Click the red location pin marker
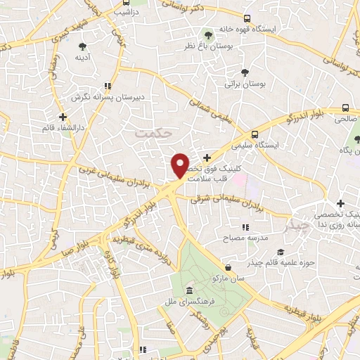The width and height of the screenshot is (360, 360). [181, 165]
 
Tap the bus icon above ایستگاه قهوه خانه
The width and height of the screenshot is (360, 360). [246, 19]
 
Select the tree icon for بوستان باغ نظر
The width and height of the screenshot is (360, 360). [207, 34]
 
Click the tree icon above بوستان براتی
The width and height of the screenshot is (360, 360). [245, 72]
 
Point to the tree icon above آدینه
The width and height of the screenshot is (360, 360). [83, 46]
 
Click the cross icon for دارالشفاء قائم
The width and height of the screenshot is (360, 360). [63, 117]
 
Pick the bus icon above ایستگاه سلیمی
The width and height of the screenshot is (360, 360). [254, 134]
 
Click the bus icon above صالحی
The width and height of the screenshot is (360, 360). [345, 108]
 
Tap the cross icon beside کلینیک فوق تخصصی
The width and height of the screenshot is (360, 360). [206, 158]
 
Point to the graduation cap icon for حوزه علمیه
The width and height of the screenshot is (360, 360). [281, 252]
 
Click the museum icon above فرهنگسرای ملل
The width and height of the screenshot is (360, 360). [189, 291]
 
